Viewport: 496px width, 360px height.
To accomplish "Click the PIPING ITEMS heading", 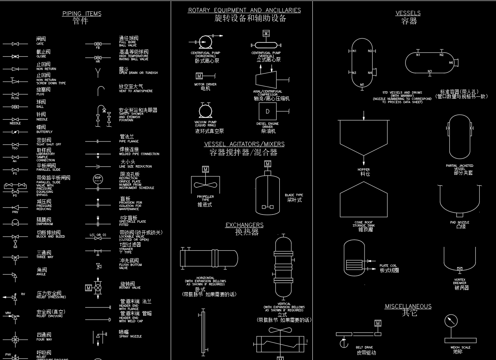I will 82,14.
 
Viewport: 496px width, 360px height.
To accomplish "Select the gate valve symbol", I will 15,44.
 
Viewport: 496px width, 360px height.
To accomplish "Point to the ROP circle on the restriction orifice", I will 98,178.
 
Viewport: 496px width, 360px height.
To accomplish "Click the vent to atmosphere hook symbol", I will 101,91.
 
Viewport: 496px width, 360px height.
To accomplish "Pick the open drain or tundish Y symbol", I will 98,72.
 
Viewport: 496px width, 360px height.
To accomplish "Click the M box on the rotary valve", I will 88,288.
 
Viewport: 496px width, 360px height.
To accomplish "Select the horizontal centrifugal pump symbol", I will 205,42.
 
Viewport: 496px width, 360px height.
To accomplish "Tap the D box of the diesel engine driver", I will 267,112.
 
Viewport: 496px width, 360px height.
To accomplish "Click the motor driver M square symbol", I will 199,76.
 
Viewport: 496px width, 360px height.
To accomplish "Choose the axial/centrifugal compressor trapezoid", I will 266,79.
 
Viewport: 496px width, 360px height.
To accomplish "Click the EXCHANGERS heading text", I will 244,225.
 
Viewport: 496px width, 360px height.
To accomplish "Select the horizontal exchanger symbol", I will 209,258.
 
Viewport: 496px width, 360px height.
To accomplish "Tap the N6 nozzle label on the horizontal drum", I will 451,63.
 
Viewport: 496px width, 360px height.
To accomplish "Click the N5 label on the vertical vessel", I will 362,84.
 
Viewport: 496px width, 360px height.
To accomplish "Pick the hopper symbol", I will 364,138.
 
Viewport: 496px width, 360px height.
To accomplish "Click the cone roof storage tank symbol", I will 364,200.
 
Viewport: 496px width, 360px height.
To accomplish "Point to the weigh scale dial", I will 451,321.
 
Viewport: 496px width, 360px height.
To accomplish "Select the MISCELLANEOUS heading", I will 408,306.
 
